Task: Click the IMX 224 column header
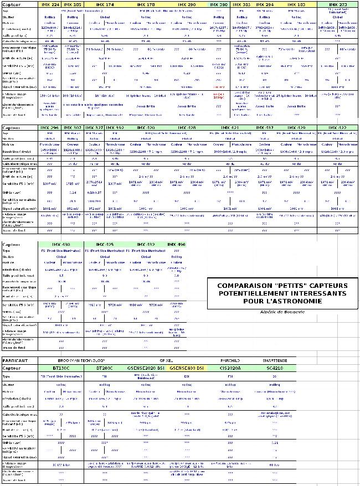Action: point(51,4)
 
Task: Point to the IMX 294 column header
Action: point(265,4)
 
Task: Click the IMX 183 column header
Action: point(297,4)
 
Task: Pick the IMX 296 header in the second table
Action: point(50,128)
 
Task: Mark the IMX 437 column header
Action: point(265,128)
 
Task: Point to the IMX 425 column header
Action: point(105,244)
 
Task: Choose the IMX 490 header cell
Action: point(176,244)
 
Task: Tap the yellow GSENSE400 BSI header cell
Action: point(187,368)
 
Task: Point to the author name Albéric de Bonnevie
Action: point(282,312)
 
